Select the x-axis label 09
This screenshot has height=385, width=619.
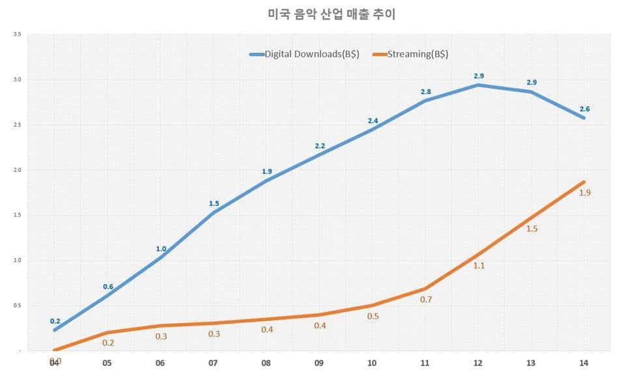[319, 364]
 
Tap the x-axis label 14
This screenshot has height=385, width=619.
[583, 364]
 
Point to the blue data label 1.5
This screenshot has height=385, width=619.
[214, 203]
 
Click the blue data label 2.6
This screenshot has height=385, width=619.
[584, 107]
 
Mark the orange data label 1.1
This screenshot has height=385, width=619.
[478, 266]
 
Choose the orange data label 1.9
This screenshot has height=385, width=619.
[584, 193]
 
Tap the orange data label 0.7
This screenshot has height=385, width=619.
[426, 300]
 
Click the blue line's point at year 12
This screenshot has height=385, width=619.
[478, 85]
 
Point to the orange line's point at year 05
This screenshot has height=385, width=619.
[108, 332]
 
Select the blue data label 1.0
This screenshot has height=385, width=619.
[161, 248]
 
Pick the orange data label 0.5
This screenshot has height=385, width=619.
[373, 317]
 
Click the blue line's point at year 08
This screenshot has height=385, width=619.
[266, 180]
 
